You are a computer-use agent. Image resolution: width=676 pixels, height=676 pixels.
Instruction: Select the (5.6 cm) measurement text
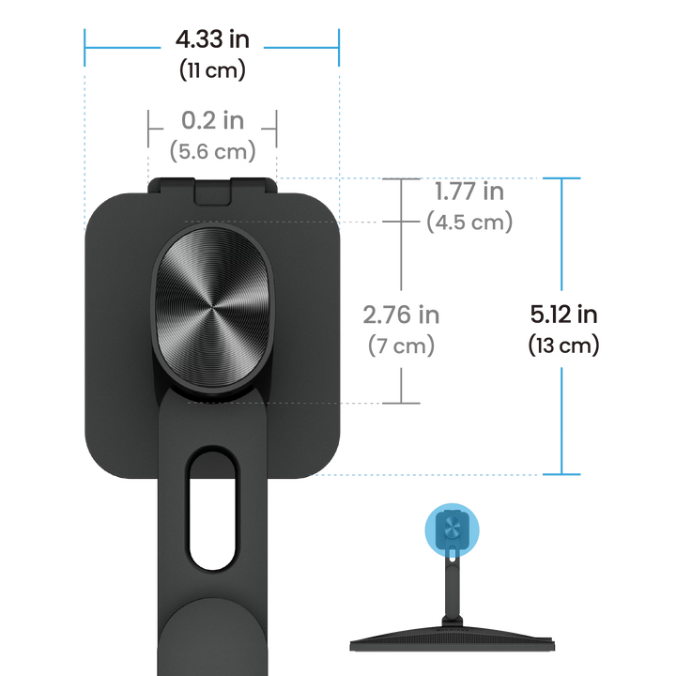210,150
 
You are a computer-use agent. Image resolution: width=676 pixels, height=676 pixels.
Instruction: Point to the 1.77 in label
469,193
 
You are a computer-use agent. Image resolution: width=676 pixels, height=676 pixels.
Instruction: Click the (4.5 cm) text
469,223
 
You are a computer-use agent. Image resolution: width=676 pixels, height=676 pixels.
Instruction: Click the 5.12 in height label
563,315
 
